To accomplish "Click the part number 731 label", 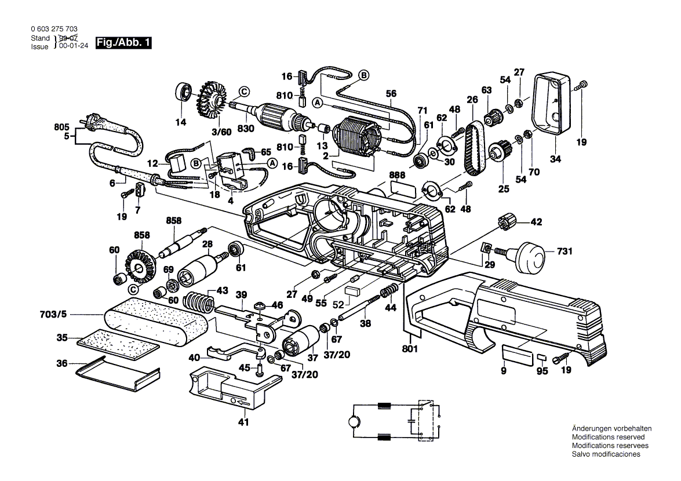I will point(565,252).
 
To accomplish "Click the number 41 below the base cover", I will point(243,422).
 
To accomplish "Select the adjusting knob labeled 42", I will point(507,221).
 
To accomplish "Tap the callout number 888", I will point(396,174).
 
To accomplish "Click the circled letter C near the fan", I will point(245,92).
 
